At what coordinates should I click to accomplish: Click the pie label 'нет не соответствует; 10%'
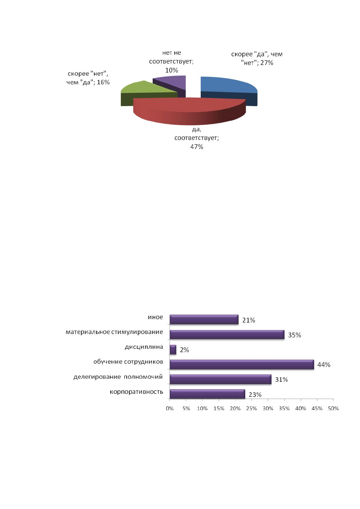[171, 61]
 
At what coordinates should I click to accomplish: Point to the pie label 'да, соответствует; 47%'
[196, 138]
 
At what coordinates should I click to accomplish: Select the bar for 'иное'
[204, 319]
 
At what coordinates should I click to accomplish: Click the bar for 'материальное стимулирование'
[227, 335]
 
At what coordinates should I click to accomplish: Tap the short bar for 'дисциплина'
[173, 349]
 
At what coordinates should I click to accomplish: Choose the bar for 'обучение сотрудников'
[242, 365]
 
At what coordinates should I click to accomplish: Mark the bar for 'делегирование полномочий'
[220, 379]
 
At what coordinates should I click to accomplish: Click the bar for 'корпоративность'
[207, 394]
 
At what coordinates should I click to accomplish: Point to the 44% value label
[324, 365]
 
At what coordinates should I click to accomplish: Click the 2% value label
[184, 350]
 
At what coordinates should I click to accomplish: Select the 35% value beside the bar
[294, 335]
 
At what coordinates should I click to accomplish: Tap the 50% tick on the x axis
[333, 408]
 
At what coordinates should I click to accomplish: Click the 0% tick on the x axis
[170, 408]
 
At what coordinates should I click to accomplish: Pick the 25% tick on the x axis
[251, 408]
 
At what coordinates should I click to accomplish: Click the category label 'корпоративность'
[136, 392]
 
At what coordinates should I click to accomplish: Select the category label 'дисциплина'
[144, 347]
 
